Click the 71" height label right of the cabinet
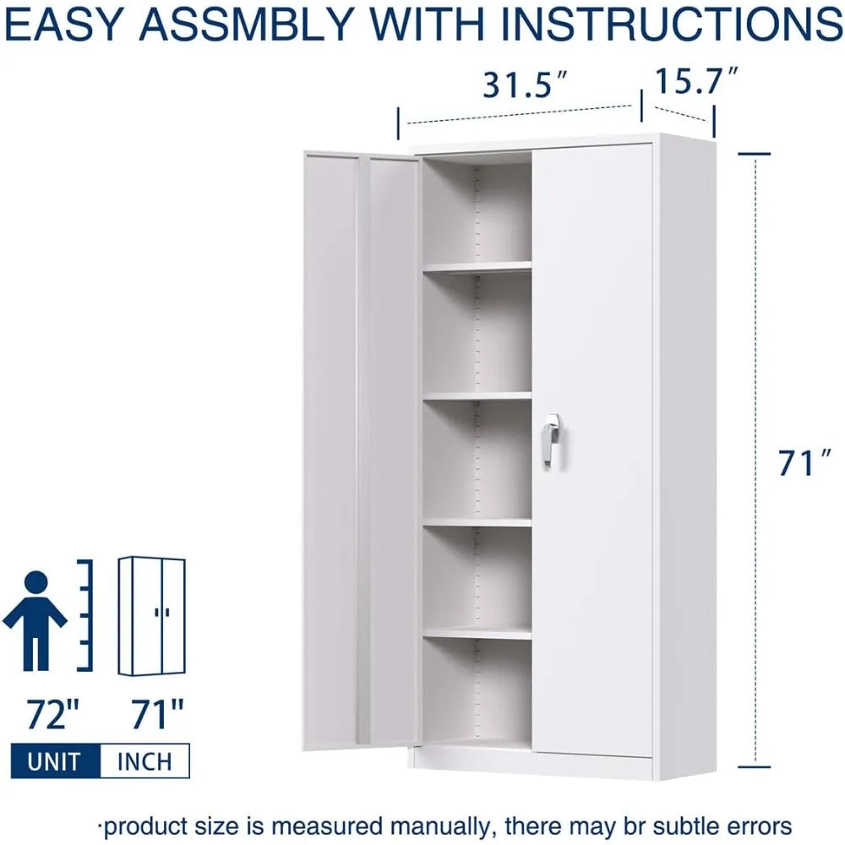(x=799, y=463)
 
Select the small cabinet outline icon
(x=151, y=616)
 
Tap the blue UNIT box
(x=54, y=760)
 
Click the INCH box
(x=144, y=760)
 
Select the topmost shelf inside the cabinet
(x=477, y=267)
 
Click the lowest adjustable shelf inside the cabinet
(x=477, y=632)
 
